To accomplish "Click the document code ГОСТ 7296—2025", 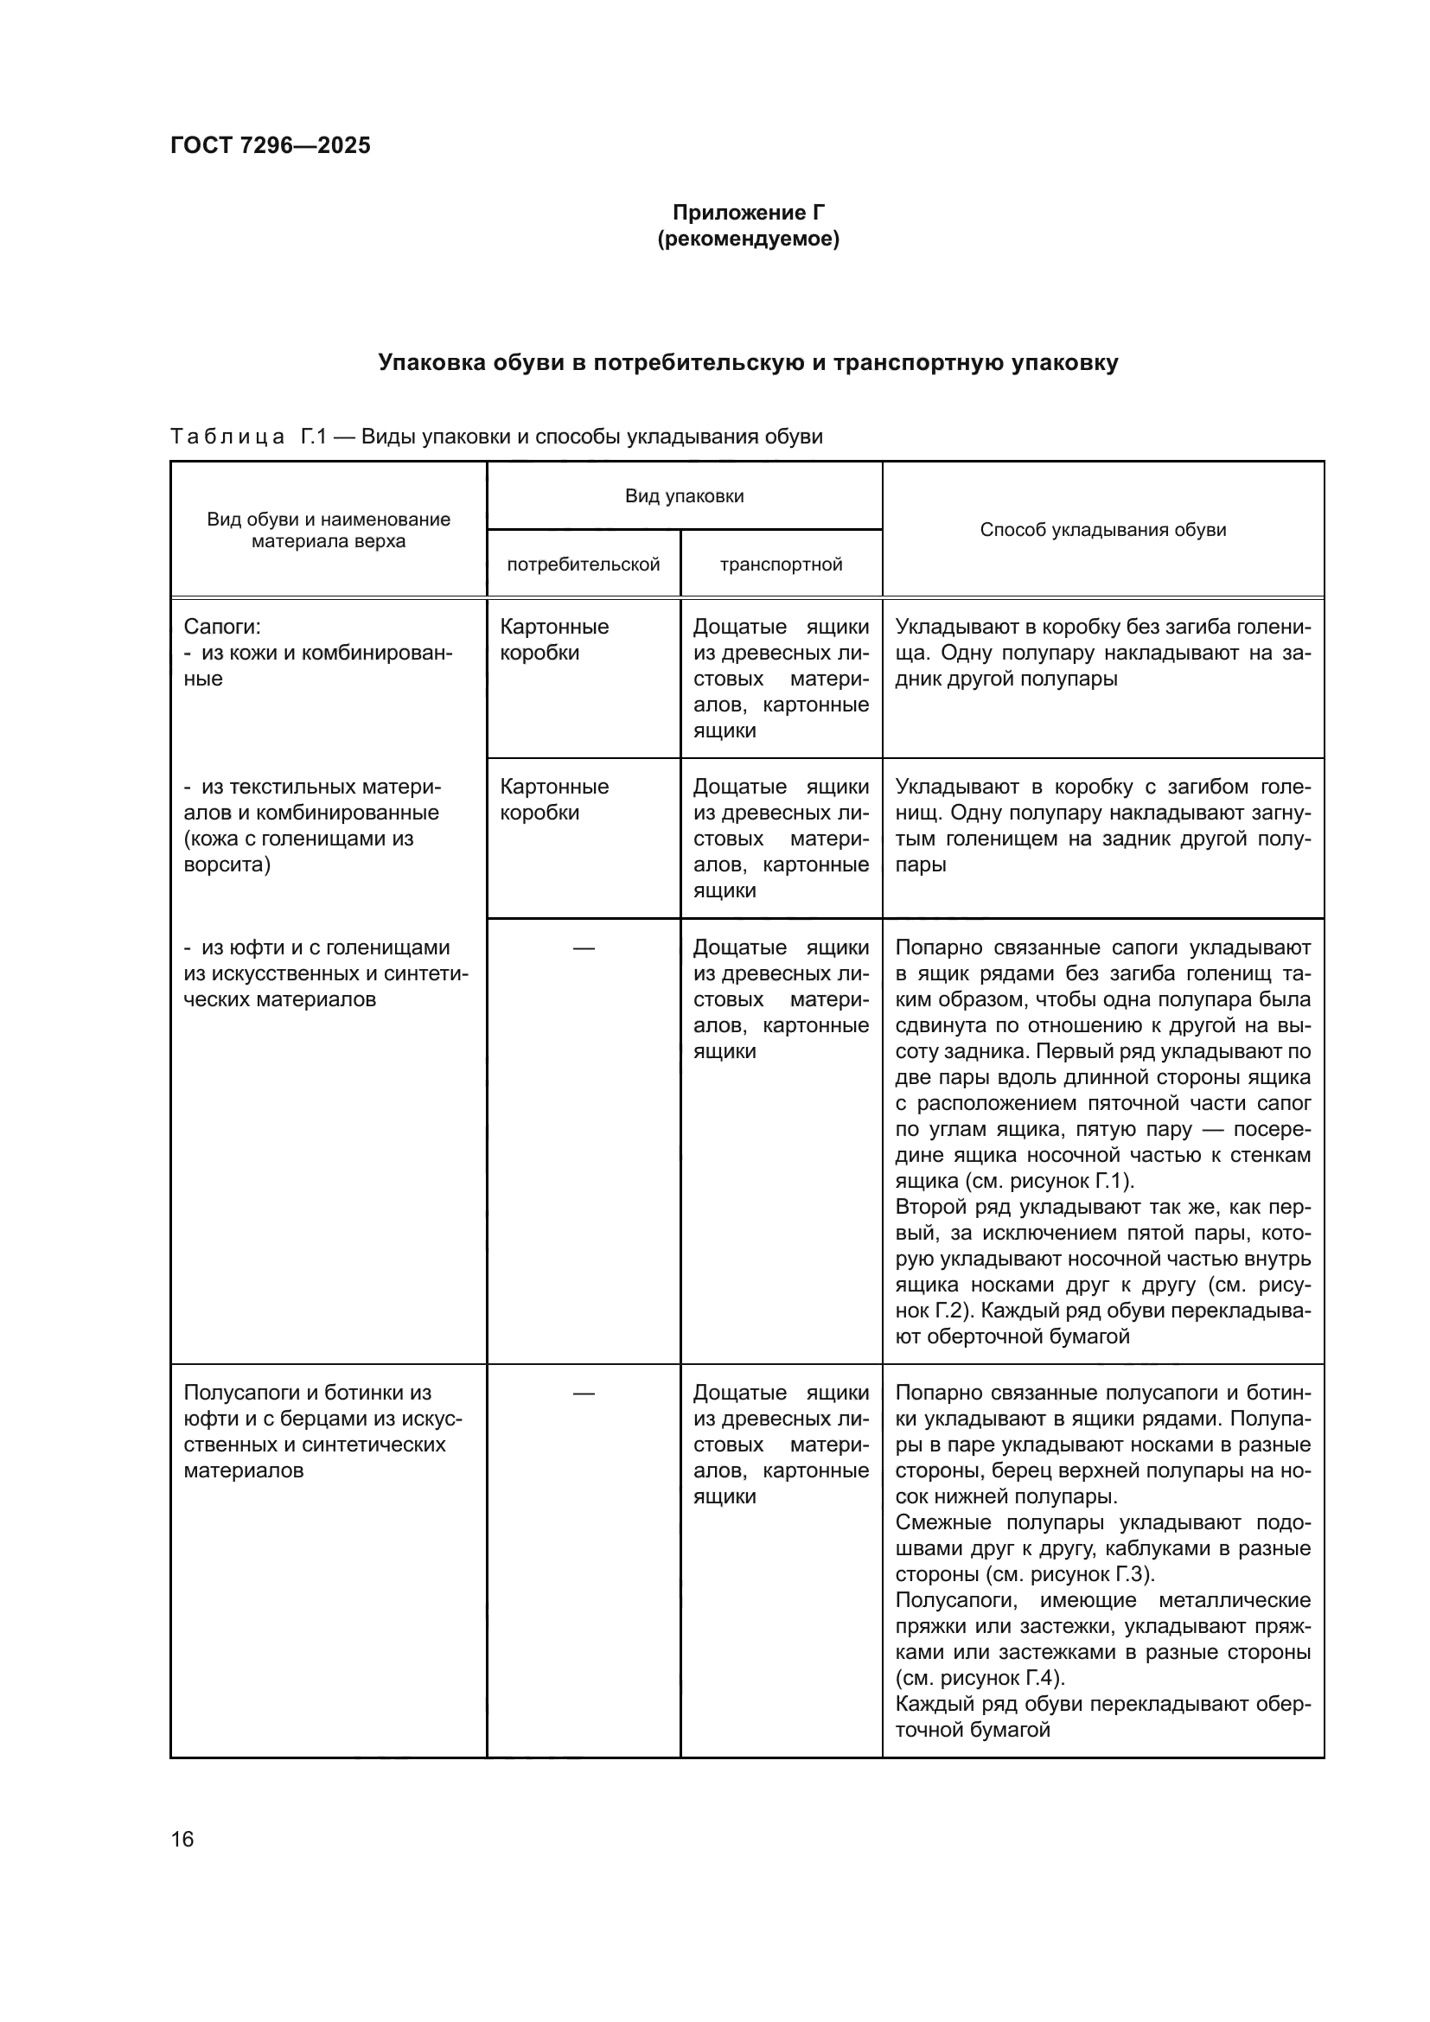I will click(x=271, y=145).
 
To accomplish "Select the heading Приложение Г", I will click(x=749, y=213).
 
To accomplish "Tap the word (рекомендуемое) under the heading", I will click(x=749, y=239).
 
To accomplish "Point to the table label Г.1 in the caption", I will click(x=314, y=437).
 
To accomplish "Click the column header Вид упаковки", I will click(x=684, y=496).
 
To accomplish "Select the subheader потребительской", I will click(x=583, y=565).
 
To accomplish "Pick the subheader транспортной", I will click(x=781, y=565).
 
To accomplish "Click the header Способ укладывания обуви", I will click(x=1102, y=530).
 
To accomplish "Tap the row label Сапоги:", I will click(x=222, y=626).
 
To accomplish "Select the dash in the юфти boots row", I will click(x=583, y=947).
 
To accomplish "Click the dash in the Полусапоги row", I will click(x=583, y=1394).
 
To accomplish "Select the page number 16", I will click(x=182, y=1839).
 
